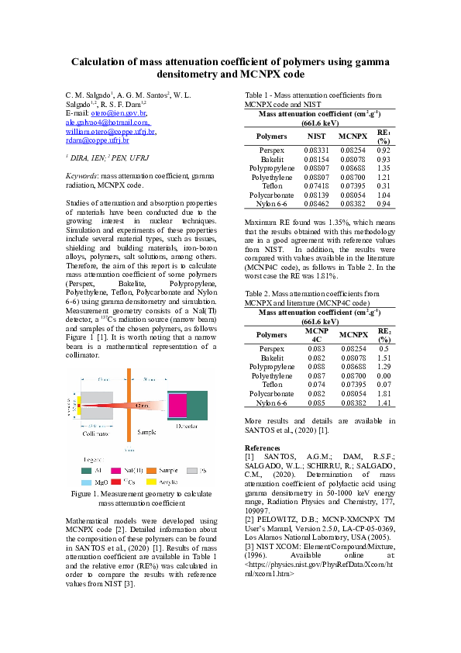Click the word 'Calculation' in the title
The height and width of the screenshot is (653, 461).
click(103, 61)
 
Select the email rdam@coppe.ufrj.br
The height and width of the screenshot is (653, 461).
click(97, 140)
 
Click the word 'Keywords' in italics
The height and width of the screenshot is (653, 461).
click(81, 177)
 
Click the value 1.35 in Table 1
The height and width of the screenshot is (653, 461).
click(383, 168)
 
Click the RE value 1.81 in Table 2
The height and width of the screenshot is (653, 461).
click(383, 394)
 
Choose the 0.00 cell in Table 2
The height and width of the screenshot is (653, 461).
click(383, 376)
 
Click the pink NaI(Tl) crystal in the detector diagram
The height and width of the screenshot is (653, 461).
click(177, 405)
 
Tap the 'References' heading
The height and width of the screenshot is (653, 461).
click(262, 448)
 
